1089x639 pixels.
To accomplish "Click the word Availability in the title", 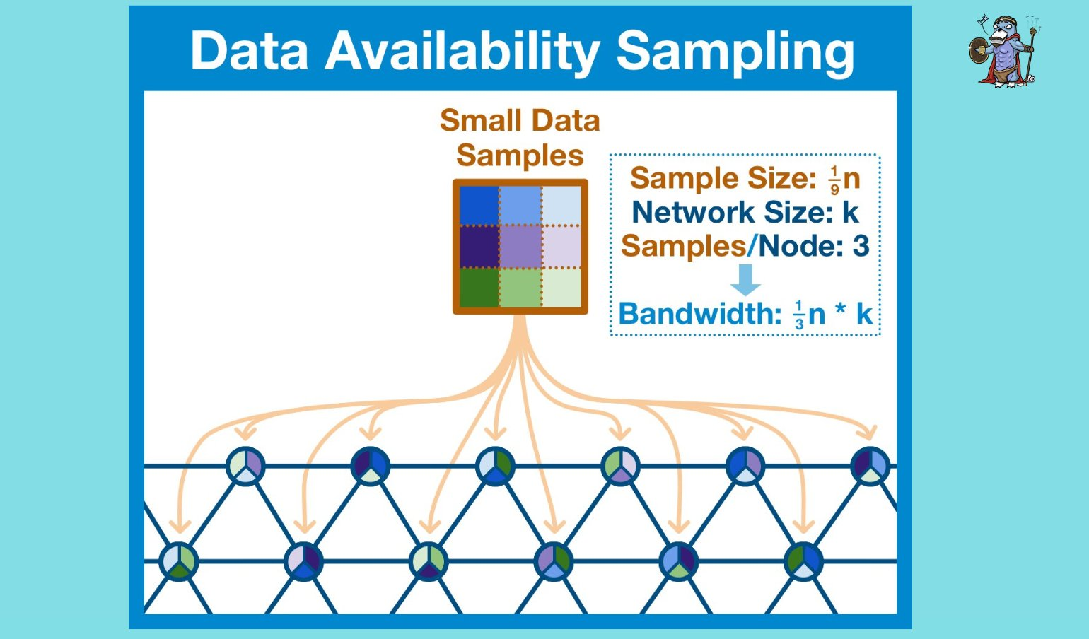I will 462,51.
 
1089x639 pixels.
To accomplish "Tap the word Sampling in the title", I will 735,51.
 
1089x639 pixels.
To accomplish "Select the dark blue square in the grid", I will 479,205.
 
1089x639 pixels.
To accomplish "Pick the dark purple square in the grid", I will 479,246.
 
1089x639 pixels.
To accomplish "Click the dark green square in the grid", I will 479,287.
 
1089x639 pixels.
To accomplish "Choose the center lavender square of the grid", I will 520,246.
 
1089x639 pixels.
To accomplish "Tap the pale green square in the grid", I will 561,287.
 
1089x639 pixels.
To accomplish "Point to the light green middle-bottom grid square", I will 520,287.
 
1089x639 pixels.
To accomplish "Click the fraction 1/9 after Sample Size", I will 834,180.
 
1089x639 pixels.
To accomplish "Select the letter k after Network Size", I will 850,212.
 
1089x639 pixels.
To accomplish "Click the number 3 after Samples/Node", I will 861,246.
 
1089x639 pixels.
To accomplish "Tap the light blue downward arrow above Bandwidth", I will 745,280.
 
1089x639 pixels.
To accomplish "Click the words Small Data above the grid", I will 520,121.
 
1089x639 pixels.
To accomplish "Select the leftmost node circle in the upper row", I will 245,466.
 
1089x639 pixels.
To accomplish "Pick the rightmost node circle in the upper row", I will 870,466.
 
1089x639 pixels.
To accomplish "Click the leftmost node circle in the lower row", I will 179,561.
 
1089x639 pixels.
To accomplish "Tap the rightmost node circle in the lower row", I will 803,561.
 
